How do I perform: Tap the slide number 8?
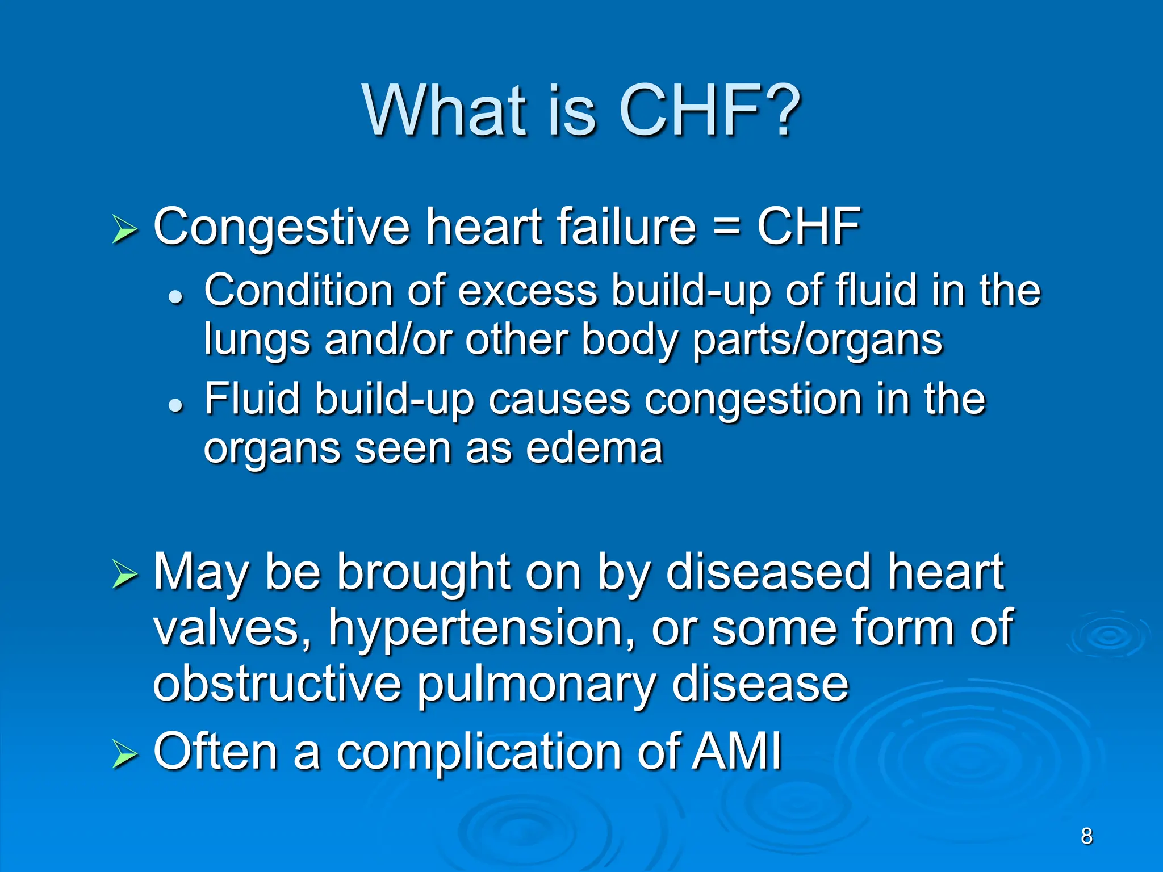pyautogui.click(x=1086, y=836)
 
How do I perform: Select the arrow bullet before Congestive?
pyautogui.click(x=124, y=229)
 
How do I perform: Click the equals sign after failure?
pyautogui.click(x=726, y=227)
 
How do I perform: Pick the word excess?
pyautogui.click(x=528, y=291)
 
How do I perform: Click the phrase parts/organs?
pyautogui.click(x=818, y=341)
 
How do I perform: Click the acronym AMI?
pyautogui.click(x=738, y=751)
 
